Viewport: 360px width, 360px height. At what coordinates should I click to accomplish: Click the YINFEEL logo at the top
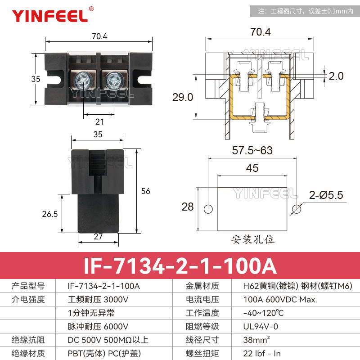(49, 16)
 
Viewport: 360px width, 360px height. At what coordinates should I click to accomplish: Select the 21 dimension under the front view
(99, 121)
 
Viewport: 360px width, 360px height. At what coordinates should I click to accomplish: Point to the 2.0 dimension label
(336, 76)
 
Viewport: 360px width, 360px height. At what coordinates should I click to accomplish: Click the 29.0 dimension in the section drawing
(183, 97)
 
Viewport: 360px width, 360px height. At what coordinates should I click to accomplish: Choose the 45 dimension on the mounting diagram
(252, 168)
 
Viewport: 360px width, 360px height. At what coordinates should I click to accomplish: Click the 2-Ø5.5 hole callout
(326, 195)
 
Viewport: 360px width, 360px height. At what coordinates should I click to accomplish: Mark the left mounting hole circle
(208, 209)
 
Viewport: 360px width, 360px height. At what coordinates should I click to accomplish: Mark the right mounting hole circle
(297, 209)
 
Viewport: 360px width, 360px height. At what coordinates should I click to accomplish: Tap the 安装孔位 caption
(252, 238)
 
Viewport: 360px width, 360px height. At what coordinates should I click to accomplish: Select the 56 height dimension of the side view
(145, 191)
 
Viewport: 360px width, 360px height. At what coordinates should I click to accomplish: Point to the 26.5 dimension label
(49, 214)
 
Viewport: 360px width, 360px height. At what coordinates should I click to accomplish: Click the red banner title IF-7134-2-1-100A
(180, 265)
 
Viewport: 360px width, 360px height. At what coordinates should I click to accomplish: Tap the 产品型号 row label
(28, 286)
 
